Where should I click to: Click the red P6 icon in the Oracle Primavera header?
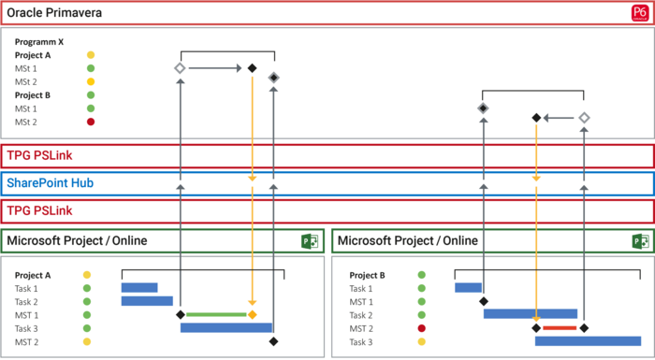[x=640, y=13]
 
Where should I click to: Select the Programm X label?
[x=39, y=42]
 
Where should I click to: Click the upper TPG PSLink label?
[x=39, y=156]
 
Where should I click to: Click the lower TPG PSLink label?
[x=39, y=211]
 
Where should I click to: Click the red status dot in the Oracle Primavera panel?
[x=91, y=122]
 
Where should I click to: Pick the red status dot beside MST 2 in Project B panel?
[x=422, y=328]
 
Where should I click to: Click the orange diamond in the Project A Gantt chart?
[x=253, y=315]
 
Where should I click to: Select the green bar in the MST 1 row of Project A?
[x=215, y=315]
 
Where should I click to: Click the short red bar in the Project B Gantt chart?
[x=560, y=328]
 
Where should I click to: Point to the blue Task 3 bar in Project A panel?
[x=226, y=328]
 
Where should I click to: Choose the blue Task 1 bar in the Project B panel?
[x=468, y=288]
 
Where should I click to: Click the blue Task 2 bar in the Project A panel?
[x=147, y=301]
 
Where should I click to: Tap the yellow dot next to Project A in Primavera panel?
[x=91, y=55]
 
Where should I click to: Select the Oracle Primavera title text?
[x=54, y=13]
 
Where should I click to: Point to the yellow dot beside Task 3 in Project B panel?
[x=422, y=342]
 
